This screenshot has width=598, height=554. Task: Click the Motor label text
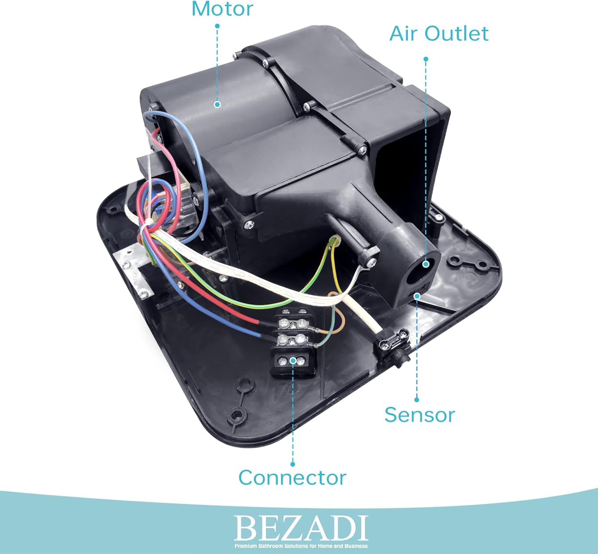[x=222, y=9]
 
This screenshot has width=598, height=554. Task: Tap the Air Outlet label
[x=439, y=34]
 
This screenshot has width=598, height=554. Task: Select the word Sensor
[x=419, y=415]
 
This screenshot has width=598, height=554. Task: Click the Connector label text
[x=292, y=477]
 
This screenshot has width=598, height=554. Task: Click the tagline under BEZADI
[x=301, y=546]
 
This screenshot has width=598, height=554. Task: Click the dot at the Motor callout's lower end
[x=217, y=104]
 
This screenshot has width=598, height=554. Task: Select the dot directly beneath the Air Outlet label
[x=426, y=59]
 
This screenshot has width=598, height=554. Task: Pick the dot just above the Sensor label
[x=417, y=400]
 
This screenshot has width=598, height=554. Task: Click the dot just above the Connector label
[x=293, y=464]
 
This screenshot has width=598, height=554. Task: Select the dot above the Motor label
[x=217, y=26]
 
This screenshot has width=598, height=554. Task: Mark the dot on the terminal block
[x=293, y=360]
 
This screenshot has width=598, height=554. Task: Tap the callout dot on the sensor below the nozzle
[x=417, y=296]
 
